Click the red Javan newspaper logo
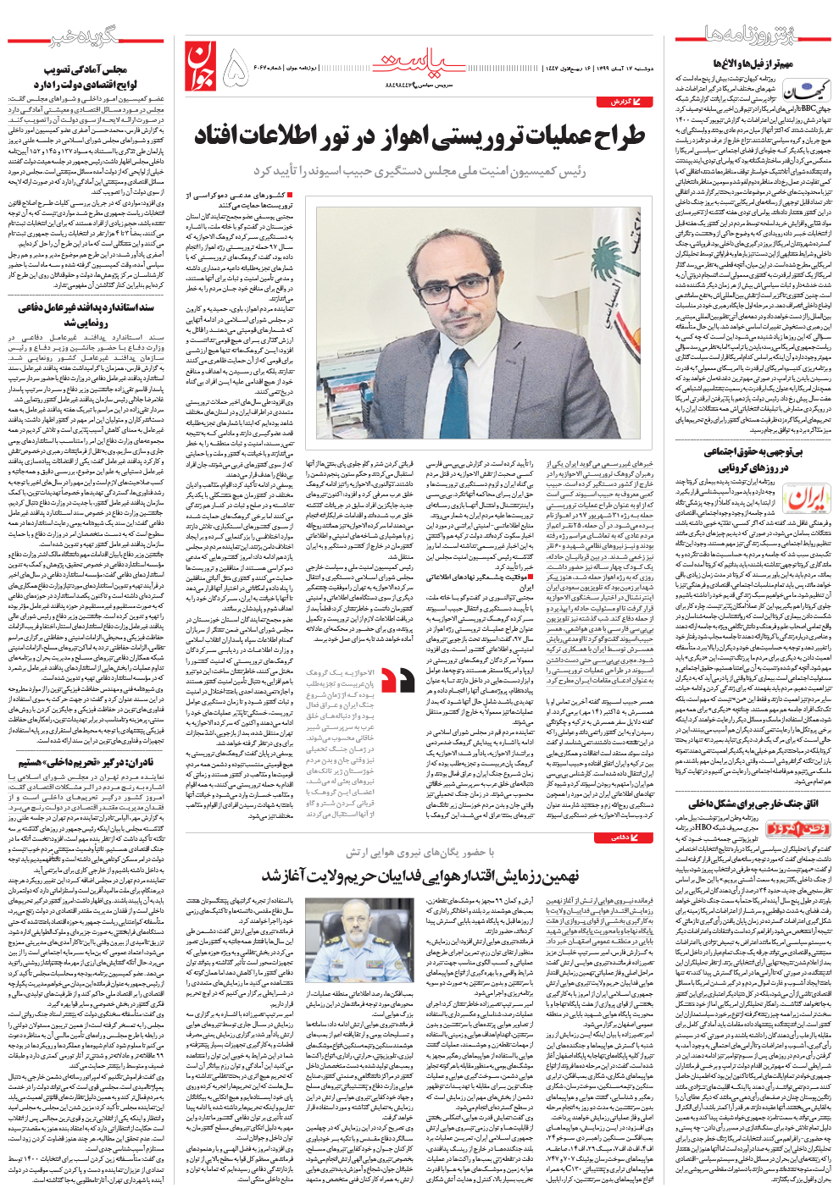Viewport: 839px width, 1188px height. (200, 67)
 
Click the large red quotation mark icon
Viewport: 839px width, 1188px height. (397, 681)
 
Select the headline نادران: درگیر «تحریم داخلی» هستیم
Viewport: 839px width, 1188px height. (85, 762)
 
